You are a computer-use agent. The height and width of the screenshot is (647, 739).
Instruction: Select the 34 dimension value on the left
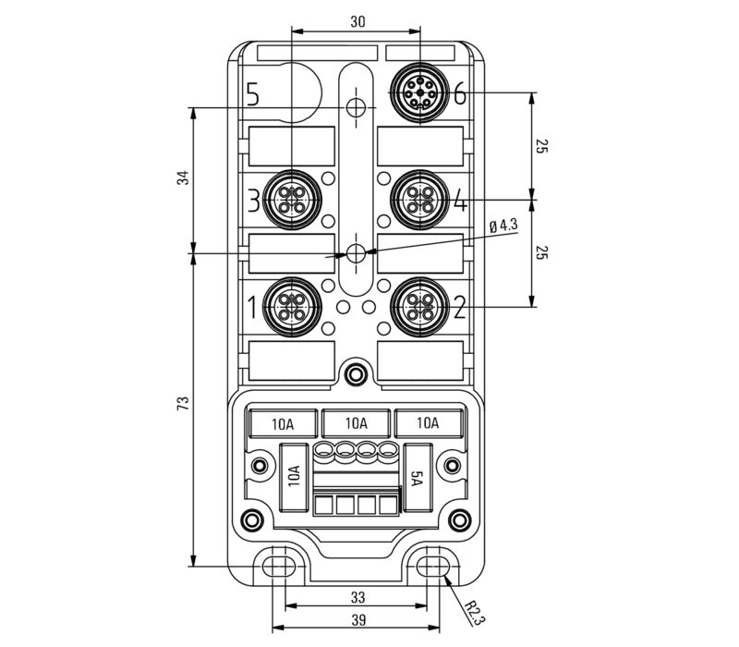click(x=183, y=178)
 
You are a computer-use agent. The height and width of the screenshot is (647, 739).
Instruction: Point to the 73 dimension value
click(x=183, y=403)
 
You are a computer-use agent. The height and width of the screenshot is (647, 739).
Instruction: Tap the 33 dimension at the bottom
click(x=357, y=596)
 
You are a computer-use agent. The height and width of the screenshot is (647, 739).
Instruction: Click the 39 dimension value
click(x=357, y=621)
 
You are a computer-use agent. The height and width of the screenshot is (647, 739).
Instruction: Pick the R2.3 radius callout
click(x=472, y=610)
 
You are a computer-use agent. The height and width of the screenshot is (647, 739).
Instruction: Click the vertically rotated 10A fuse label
click(x=294, y=477)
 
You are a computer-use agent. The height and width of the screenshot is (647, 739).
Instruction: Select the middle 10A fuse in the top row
click(x=356, y=423)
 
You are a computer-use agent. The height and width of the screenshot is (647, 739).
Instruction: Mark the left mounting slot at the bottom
click(x=280, y=565)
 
